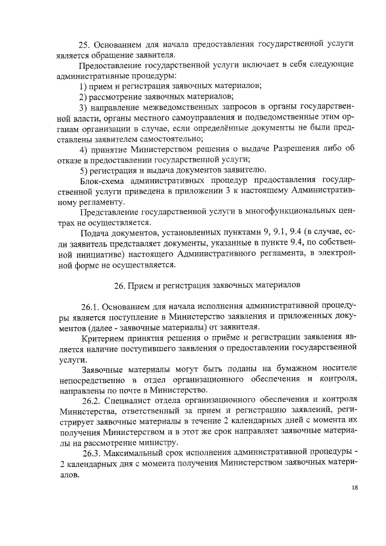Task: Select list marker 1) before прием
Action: [84, 87]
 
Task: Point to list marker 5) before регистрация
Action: [84, 170]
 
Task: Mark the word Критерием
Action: [104, 337]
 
